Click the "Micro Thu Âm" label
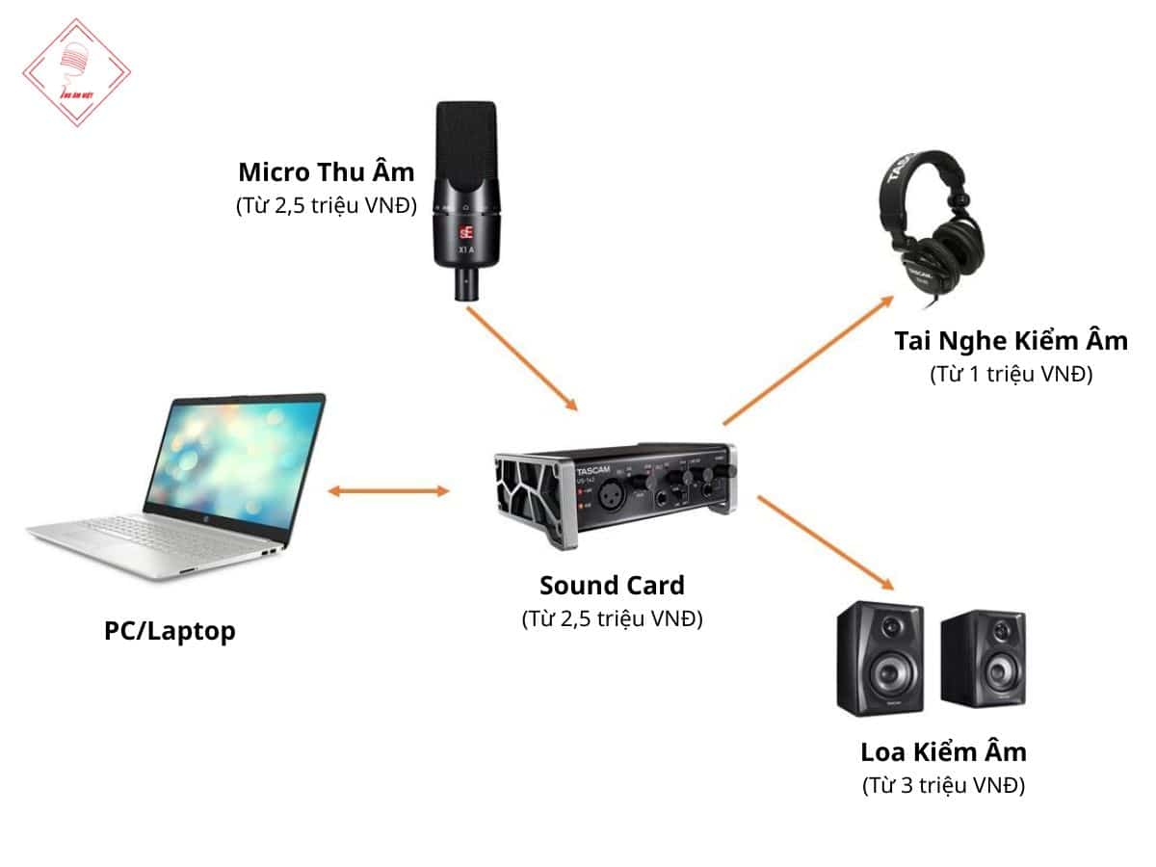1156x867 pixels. [326, 172]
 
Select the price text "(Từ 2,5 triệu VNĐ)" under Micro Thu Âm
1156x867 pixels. [326, 205]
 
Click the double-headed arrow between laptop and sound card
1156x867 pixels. [388, 491]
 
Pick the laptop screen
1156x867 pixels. [234, 458]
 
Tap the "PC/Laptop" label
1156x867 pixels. [170, 632]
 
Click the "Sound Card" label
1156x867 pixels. [612, 585]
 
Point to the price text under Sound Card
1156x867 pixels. [612, 618]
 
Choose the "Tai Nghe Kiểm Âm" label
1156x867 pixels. [1011, 341]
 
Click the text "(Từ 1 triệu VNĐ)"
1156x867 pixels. [1011, 375]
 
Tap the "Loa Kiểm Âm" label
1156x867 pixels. [943, 751]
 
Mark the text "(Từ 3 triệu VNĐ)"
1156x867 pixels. [943, 785]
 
